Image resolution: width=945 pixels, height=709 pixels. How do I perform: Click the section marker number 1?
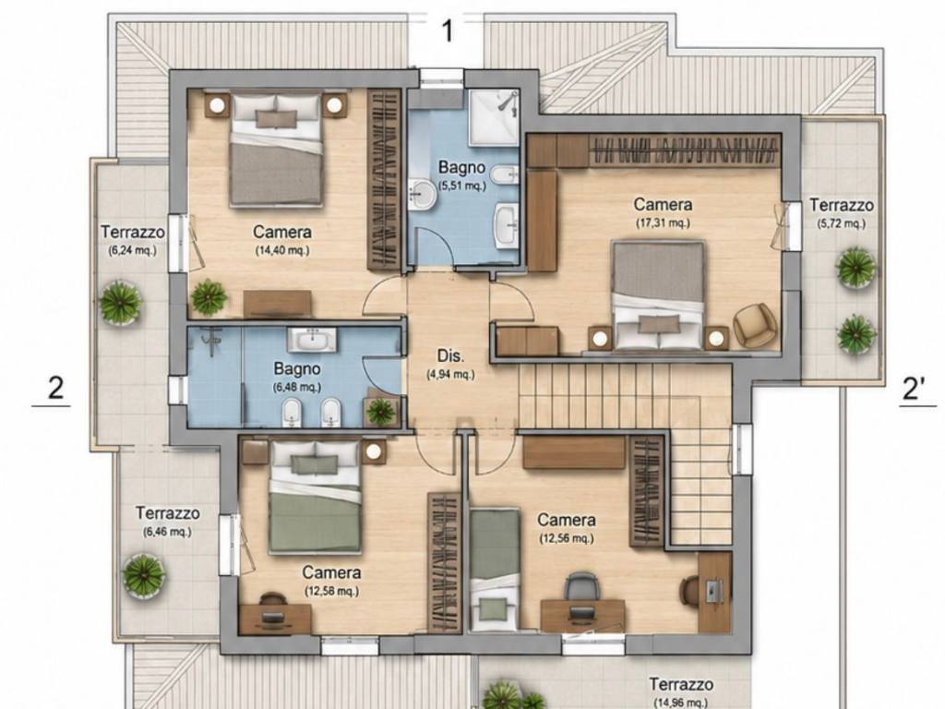click(447, 31)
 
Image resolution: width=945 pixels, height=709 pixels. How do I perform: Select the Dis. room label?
click(450, 355)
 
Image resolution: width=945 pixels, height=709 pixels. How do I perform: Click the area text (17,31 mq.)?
click(663, 223)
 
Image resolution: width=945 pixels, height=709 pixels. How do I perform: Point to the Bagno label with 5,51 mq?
click(461, 167)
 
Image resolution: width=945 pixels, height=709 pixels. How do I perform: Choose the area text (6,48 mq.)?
click(297, 387)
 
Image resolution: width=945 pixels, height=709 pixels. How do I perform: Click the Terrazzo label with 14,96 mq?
click(681, 684)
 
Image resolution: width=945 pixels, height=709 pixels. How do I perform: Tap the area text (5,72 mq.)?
click(842, 223)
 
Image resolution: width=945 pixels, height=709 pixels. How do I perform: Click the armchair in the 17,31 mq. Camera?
click(754, 326)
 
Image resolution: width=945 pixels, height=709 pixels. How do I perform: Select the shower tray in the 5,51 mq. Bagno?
click(494, 117)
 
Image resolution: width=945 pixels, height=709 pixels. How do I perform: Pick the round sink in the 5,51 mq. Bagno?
click(425, 195)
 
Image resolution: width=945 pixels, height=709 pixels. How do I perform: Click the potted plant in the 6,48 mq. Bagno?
click(381, 411)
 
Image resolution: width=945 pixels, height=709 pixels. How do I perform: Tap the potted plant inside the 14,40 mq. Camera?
click(209, 296)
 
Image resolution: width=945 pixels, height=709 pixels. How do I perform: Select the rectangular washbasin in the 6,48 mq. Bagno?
click(312, 340)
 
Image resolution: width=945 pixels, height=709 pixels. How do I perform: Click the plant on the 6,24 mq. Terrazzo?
click(121, 303)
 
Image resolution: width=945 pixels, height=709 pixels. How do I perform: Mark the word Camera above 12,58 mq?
click(331, 572)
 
